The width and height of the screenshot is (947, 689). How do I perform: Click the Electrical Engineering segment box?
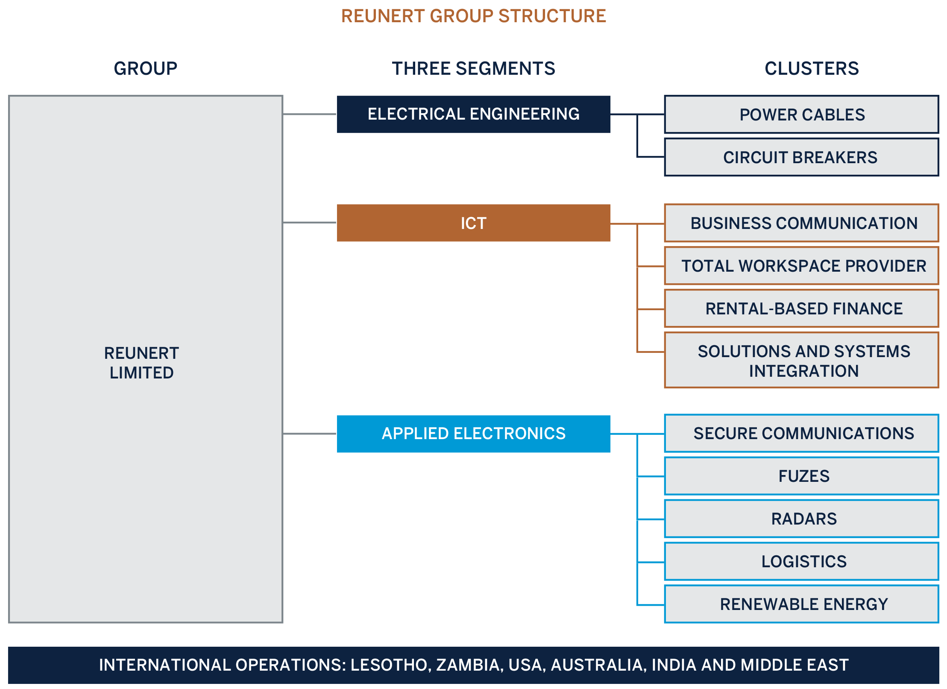click(x=473, y=114)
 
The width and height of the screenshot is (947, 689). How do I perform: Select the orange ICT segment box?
click(x=473, y=223)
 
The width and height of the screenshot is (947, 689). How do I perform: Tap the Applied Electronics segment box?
click(x=473, y=433)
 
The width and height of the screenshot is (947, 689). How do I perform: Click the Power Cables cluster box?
click(x=801, y=114)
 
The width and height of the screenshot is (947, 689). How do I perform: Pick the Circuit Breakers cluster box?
click(x=801, y=157)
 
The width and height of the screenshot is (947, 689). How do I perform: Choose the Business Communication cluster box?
click(x=801, y=223)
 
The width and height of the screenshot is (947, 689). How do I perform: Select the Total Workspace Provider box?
click(x=801, y=266)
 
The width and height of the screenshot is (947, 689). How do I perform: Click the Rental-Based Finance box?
click(x=801, y=308)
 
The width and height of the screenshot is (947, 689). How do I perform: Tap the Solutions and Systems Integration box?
click(x=801, y=361)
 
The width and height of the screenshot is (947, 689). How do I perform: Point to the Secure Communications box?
click(x=801, y=433)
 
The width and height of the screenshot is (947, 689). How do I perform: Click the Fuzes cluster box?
click(x=801, y=476)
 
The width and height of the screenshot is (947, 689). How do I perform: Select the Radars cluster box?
click(x=801, y=519)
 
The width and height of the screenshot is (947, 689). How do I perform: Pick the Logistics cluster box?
click(x=801, y=561)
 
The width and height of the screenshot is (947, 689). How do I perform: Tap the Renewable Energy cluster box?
click(x=801, y=604)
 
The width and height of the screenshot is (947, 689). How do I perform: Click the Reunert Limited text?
click(x=141, y=363)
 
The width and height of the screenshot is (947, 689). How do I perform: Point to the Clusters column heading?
click(x=811, y=68)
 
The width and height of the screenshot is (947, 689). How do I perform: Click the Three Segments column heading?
click(x=473, y=68)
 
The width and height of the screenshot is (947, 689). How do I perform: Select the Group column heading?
click(x=145, y=68)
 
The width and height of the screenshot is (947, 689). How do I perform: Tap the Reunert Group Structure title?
click(x=473, y=16)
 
